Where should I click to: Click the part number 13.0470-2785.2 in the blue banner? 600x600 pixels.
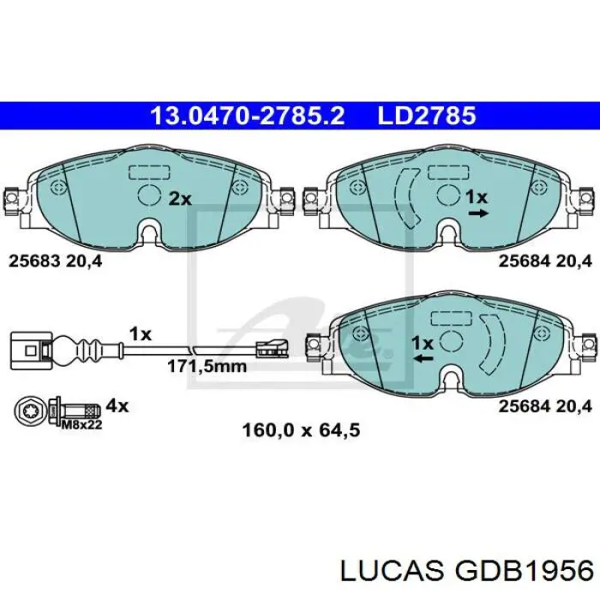[248, 116]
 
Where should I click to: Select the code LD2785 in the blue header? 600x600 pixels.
[425, 116]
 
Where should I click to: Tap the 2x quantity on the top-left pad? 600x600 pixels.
[179, 199]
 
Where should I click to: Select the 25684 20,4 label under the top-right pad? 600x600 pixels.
[544, 262]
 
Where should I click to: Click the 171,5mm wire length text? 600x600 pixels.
[206, 366]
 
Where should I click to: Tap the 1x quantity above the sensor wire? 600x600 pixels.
[140, 333]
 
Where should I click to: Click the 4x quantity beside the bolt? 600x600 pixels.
[117, 405]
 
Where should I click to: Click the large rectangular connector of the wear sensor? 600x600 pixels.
[26, 350]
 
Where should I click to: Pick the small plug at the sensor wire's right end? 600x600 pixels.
[273, 349]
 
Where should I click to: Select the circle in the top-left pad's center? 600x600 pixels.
[149, 196]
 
